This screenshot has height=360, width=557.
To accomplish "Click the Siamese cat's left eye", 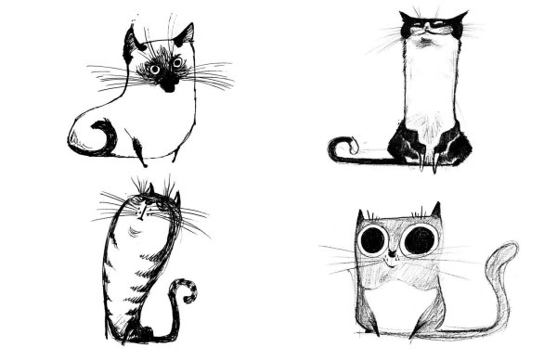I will tap(154, 64).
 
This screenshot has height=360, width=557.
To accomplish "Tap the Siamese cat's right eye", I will tap(176, 62).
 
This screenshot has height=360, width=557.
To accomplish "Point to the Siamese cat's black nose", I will tap(167, 81).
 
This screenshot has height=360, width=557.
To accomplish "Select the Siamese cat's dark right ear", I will tap(185, 35).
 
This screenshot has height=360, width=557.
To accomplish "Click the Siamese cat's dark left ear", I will tap(130, 39).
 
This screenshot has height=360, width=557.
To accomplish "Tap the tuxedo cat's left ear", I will tap(407, 19).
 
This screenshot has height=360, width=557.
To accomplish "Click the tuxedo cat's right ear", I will tap(459, 19).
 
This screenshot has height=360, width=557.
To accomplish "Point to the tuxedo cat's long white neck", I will tap(429, 84).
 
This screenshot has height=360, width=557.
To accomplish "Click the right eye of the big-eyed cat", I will tap(420, 241).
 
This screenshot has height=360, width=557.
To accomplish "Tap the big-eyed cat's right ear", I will tap(434, 212).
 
